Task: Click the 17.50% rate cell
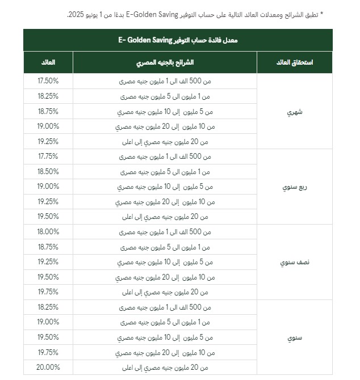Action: pyautogui.click(x=48, y=81)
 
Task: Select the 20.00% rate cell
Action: pyautogui.click(x=48, y=367)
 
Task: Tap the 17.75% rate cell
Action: pyautogui.click(x=48, y=156)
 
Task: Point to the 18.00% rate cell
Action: pyautogui.click(x=48, y=231)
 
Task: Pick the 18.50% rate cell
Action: pyautogui.click(x=48, y=171)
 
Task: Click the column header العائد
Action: pyautogui.click(x=48, y=61)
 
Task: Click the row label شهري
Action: pyautogui.click(x=296, y=112)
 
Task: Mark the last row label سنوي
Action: pyautogui.click(x=296, y=337)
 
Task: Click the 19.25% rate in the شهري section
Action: pyautogui.click(x=48, y=141)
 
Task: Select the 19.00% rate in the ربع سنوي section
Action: pyautogui.click(x=48, y=186)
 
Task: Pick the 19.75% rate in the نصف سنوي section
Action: pyautogui.click(x=48, y=292)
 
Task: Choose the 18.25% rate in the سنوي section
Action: pyautogui.click(x=48, y=307)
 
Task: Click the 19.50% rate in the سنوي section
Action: pyautogui.click(x=48, y=337)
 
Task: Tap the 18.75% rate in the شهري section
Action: pyautogui.click(x=48, y=111)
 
